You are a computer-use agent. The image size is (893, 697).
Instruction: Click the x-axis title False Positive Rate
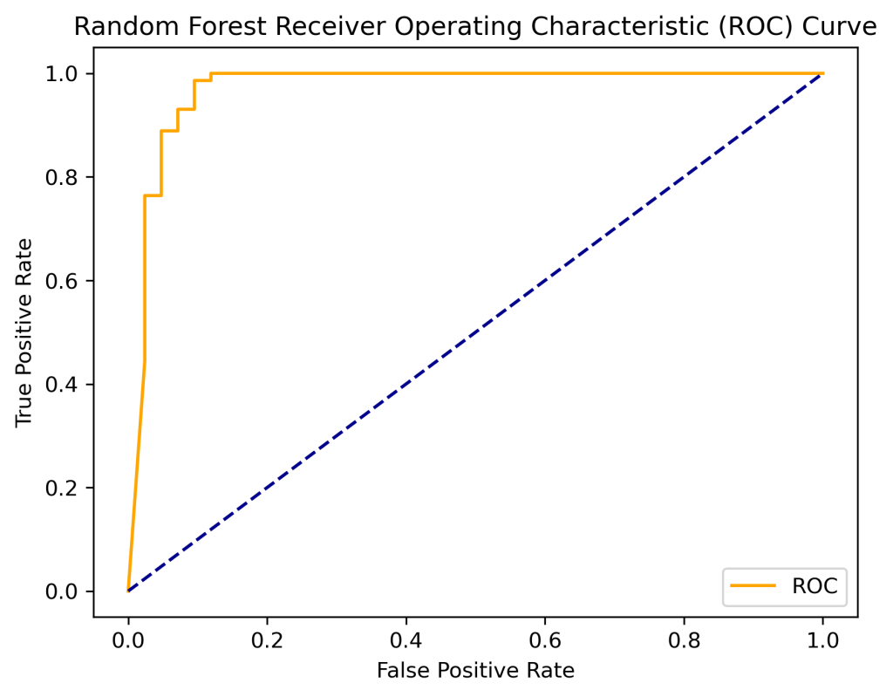(x=475, y=670)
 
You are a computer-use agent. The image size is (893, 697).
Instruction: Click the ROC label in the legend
(x=815, y=587)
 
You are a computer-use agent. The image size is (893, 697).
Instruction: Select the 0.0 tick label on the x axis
(x=128, y=639)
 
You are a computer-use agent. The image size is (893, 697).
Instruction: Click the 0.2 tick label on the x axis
(x=267, y=639)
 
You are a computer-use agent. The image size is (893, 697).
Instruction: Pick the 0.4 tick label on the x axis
(x=406, y=639)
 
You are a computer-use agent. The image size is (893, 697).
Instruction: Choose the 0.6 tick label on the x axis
(x=545, y=639)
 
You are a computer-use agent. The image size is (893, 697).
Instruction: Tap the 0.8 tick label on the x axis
(x=684, y=639)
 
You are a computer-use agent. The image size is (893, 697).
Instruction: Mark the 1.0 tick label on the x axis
(x=822, y=639)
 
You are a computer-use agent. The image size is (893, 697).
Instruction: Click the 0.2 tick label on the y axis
(x=64, y=488)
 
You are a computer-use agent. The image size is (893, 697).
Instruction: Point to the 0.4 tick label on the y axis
(x=64, y=384)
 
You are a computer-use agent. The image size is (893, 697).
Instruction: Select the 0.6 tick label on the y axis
(x=64, y=281)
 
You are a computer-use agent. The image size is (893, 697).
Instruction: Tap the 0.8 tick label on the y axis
(x=64, y=177)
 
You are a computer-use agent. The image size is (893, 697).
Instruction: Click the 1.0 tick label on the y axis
(x=64, y=73)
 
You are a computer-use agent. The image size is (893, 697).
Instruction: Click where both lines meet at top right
(x=822, y=73)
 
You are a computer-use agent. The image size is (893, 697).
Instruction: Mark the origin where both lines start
(x=128, y=591)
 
